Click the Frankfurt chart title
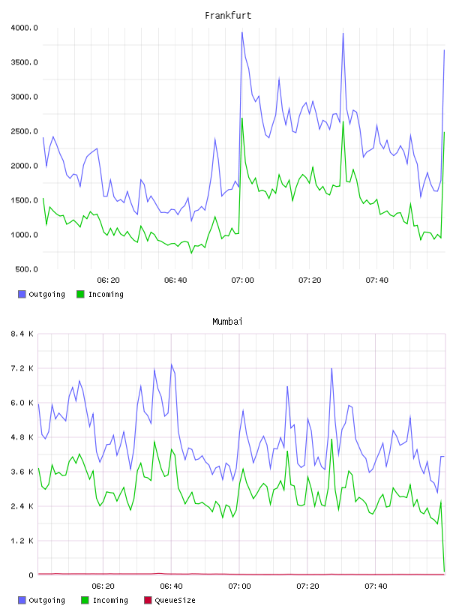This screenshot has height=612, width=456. (x=228, y=15)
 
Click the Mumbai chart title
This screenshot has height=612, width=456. (x=227, y=321)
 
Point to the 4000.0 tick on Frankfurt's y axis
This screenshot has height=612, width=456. (x=24, y=28)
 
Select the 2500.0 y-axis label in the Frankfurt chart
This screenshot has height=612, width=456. (x=24, y=131)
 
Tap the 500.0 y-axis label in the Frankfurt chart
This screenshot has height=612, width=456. (x=26, y=269)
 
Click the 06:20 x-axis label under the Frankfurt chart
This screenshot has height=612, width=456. (x=108, y=280)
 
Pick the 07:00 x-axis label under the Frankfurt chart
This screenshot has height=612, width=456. (x=242, y=280)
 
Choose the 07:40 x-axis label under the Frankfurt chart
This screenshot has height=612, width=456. (x=376, y=280)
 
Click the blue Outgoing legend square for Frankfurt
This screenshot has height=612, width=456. (x=22, y=294)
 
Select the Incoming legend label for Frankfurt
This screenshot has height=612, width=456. (x=106, y=294)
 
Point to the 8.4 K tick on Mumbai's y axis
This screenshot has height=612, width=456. (x=22, y=334)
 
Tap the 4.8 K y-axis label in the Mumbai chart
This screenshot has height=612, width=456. (x=22, y=437)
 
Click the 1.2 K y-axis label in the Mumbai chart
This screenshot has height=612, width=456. (x=22, y=541)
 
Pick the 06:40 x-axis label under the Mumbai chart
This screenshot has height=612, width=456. (x=171, y=586)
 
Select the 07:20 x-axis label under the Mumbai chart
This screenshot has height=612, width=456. (x=307, y=586)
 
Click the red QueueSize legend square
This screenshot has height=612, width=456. (x=148, y=600)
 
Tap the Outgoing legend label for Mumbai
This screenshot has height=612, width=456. (x=46, y=600)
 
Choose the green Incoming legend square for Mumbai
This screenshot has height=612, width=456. (x=85, y=600)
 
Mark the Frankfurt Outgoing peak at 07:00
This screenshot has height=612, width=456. (x=242, y=32)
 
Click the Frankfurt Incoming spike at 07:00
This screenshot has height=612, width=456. (x=242, y=118)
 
